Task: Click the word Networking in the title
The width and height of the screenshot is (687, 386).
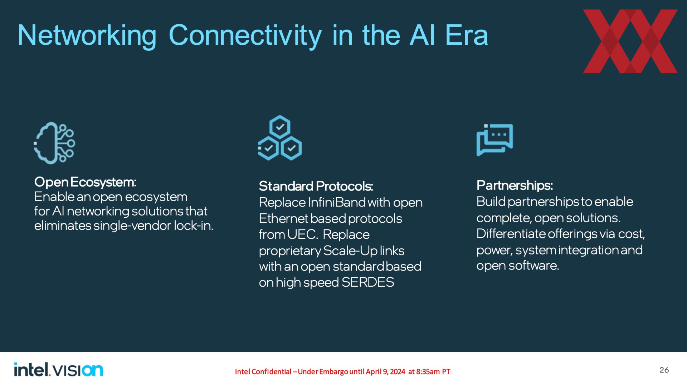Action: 87,35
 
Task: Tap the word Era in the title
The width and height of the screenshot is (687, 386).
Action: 467,35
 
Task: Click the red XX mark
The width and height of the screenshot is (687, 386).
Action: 630,41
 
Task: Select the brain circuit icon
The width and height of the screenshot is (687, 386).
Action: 54,143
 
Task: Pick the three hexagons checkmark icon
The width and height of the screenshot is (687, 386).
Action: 280,138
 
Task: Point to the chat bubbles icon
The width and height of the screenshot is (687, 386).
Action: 494,140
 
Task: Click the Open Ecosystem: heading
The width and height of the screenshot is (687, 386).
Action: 85,182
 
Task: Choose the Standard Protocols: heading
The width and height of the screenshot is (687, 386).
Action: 316,186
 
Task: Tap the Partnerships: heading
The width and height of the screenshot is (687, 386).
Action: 515,185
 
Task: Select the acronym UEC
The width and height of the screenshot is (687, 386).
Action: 302,234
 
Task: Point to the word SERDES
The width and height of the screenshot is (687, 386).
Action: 368,282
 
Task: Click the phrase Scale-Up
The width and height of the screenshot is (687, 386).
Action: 350,251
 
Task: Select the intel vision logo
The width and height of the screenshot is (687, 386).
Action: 59,370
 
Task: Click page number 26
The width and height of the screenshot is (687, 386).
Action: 664,370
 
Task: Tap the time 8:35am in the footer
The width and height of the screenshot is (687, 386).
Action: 428,372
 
